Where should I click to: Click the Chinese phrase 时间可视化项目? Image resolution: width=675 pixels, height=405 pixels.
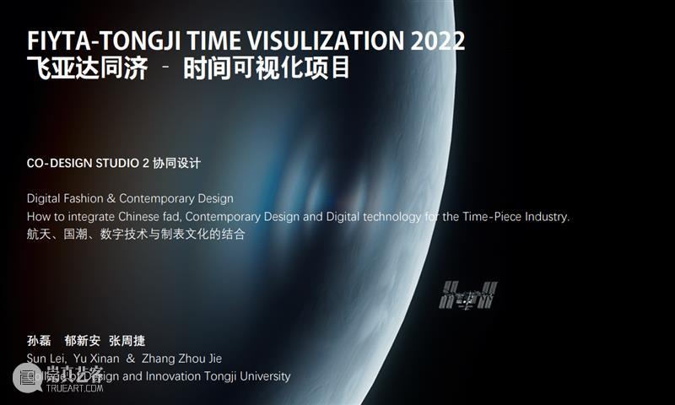(x=267, y=67)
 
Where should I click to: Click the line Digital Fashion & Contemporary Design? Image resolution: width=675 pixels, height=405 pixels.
(x=130, y=199)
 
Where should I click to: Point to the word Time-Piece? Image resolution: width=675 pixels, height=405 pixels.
(x=493, y=217)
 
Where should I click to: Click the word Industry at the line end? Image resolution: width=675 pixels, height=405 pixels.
(x=548, y=217)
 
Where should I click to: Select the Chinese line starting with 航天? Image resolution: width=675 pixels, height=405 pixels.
(x=136, y=235)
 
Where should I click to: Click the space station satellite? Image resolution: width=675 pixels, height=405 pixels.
(x=469, y=294)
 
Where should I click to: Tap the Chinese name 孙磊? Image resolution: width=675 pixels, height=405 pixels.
(x=39, y=341)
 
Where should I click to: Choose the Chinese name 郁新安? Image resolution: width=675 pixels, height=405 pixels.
(x=82, y=341)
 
